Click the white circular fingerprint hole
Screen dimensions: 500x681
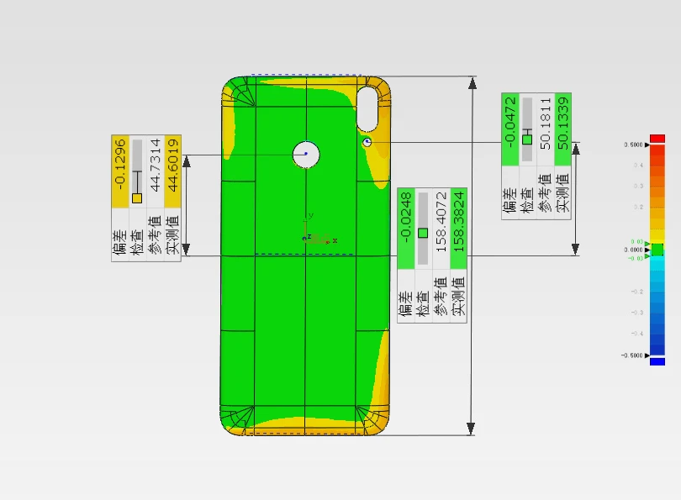(x=306, y=154)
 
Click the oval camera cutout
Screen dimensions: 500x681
(x=367, y=107)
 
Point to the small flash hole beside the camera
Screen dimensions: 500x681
(x=367, y=143)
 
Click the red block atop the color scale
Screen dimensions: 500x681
(x=657, y=138)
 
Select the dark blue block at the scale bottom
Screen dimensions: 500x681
(x=657, y=361)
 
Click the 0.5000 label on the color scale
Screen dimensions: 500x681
(x=633, y=145)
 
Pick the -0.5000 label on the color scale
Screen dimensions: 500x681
(x=631, y=355)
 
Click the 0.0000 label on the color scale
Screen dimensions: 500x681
(x=633, y=250)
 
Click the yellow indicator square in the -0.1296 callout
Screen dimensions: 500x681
(x=137, y=198)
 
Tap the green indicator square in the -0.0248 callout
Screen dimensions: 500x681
(x=423, y=233)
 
